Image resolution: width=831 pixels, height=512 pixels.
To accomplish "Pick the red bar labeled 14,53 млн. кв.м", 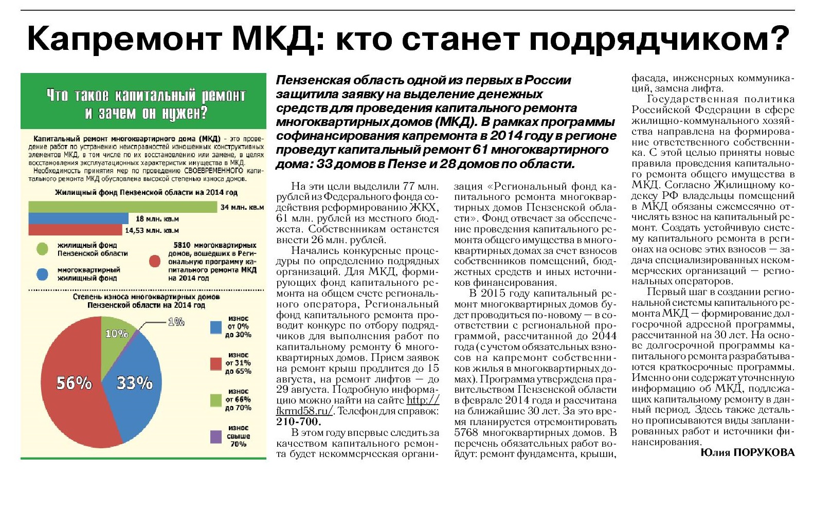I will tap(75, 230).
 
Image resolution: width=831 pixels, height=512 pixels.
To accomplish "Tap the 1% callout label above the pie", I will tap(176, 322).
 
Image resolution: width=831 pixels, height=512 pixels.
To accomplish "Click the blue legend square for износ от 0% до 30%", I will tap(216, 327).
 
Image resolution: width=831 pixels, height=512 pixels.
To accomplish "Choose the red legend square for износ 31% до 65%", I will tap(216, 363).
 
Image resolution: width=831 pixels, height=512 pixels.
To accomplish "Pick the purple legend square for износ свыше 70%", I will tap(216, 436).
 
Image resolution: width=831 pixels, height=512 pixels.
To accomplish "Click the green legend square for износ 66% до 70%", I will tap(216, 400).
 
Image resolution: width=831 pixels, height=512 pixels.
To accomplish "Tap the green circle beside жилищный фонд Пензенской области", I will tap(43, 249).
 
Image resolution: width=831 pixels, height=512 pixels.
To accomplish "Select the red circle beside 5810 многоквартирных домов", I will tap(155, 261).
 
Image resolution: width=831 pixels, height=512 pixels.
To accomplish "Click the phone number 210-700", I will tap(298, 422).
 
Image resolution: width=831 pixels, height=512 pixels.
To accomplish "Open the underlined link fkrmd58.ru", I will tap(304, 411).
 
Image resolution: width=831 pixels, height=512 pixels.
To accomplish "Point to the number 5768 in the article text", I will tap(466, 432).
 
